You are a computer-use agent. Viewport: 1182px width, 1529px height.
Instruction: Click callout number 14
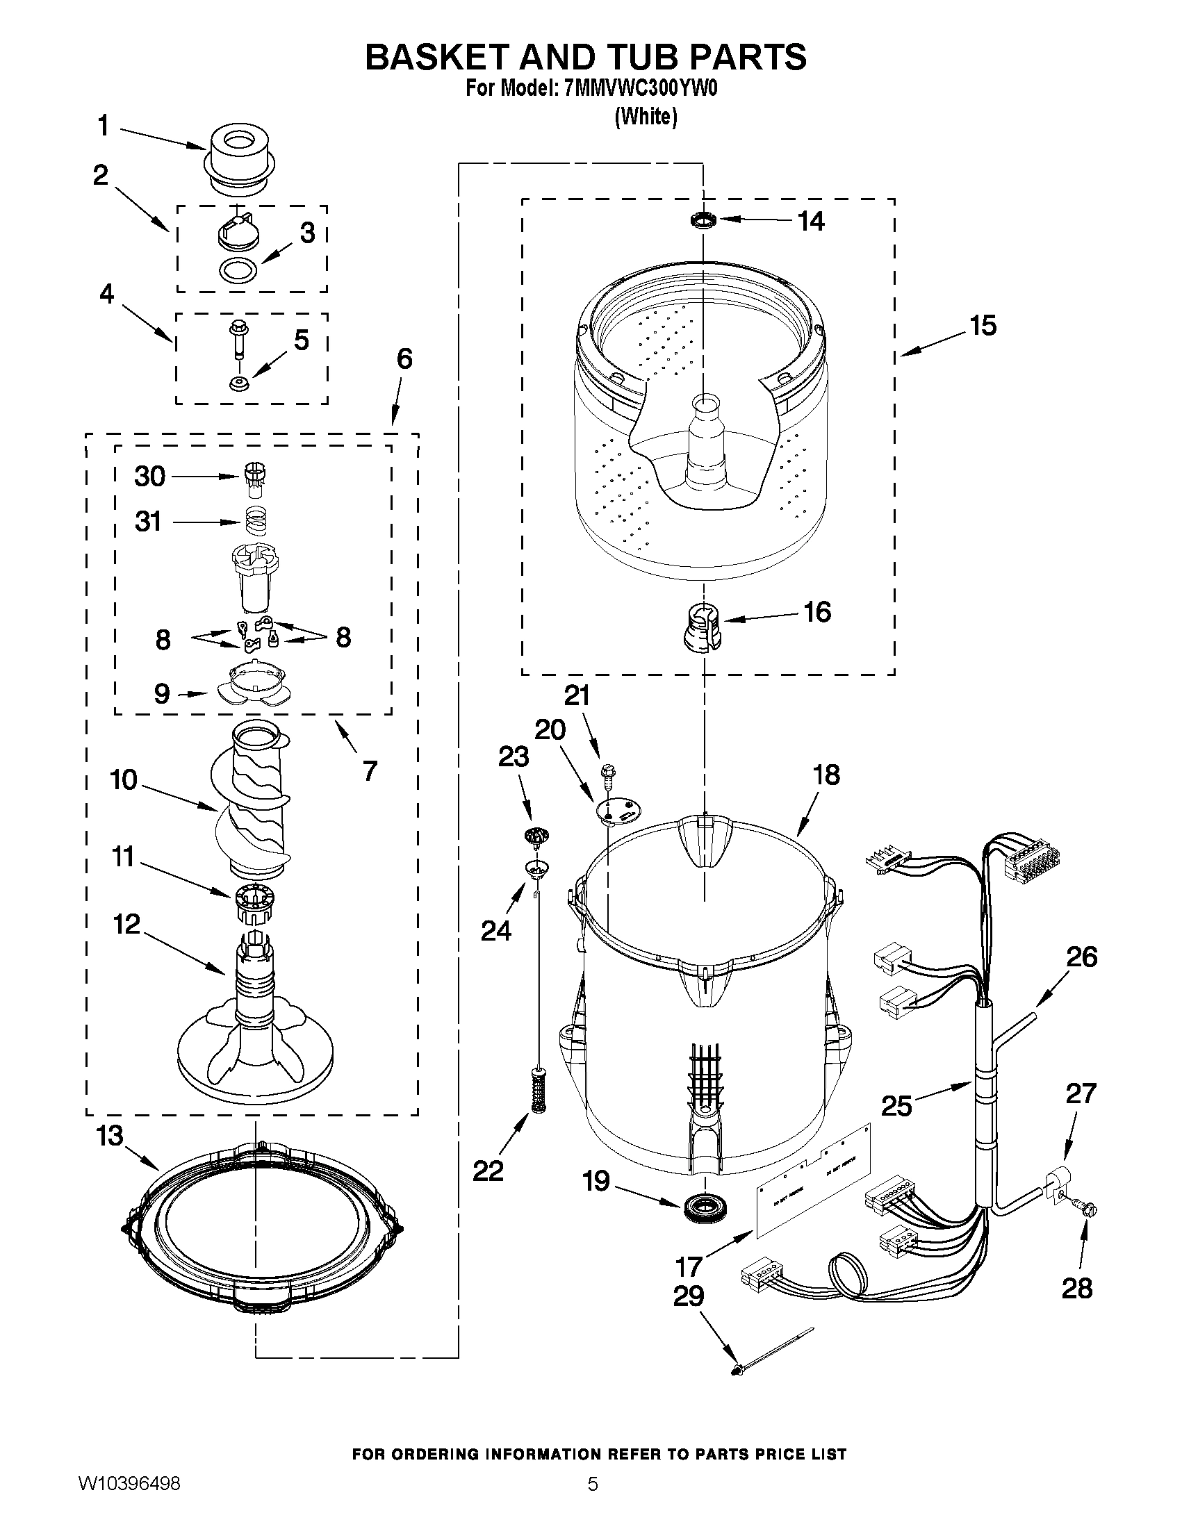point(811,221)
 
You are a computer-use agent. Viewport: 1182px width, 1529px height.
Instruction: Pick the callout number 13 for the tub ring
point(110,1136)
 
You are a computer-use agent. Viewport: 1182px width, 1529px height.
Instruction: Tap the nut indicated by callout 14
point(704,220)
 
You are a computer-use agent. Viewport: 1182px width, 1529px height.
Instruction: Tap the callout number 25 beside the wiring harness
point(896,1106)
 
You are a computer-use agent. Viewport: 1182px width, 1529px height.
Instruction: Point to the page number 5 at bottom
point(593,1503)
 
